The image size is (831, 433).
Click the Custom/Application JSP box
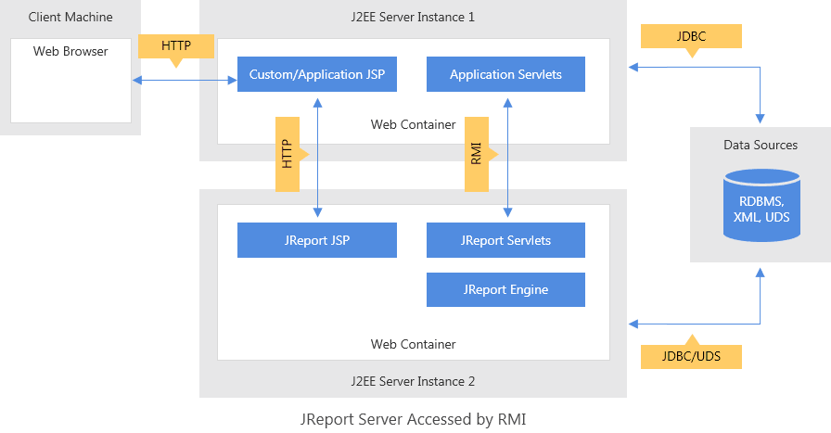click(317, 74)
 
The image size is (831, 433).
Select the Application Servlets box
click(505, 74)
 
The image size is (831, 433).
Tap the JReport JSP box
click(317, 240)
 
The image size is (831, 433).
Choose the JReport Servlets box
click(505, 240)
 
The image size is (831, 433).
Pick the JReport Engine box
click(505, 289)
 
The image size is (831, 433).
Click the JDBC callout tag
click(691, 36)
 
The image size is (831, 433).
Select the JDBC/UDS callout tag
click(691, 356)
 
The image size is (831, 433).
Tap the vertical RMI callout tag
click(477, 154)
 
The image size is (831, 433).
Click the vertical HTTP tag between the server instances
click(288, 154)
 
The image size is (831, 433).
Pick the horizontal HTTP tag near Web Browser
click(176, 46)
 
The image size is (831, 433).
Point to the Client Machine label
click(70, 17)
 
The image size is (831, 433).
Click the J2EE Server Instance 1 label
click(413, 17)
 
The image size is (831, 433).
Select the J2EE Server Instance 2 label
click(413, 380)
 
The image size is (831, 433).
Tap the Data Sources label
click(761, 145)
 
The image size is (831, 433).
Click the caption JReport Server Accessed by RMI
click(414, 419)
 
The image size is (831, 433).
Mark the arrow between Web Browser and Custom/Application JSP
click(185, 82)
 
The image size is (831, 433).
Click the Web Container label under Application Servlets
click(413, 124)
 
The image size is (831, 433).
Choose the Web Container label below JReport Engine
click(413, 344)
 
